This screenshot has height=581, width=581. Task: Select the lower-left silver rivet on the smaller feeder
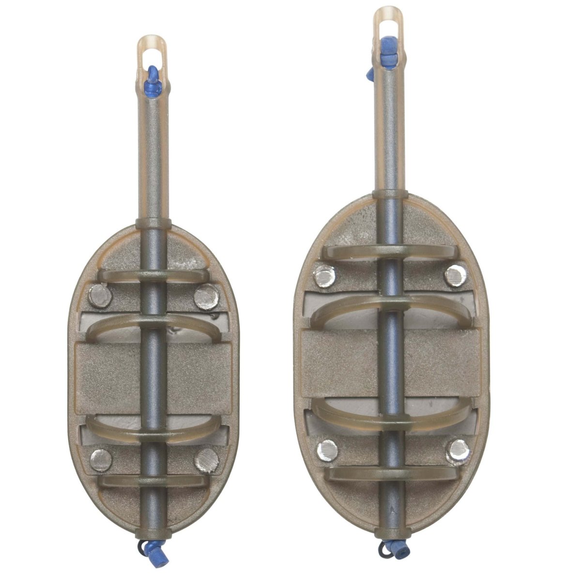click(x=101, y=459)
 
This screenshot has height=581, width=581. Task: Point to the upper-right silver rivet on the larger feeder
click(x=456, y=276)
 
